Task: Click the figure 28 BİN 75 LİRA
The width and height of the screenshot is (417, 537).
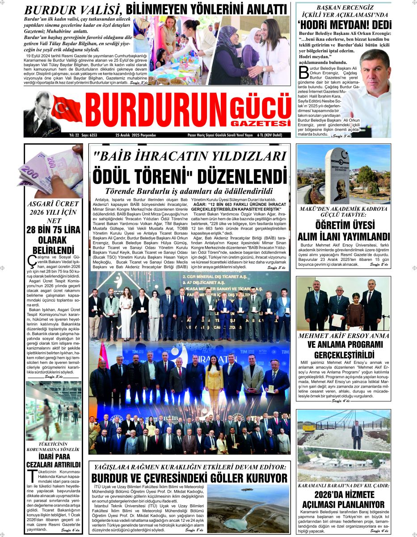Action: (x=53, y=230)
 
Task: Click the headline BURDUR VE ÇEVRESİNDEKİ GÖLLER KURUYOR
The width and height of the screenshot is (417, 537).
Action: (x=189, y=478)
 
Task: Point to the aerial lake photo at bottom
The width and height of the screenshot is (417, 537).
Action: (x=248, y=509)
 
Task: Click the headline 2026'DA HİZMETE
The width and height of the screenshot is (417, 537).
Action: (x=343, y=495)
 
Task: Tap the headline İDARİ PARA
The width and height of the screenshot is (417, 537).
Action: (x=53, y=456)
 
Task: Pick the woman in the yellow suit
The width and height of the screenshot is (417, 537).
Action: (x=214, y=380)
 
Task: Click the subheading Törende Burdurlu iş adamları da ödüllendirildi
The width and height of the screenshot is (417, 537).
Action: (x=189, y=191)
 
